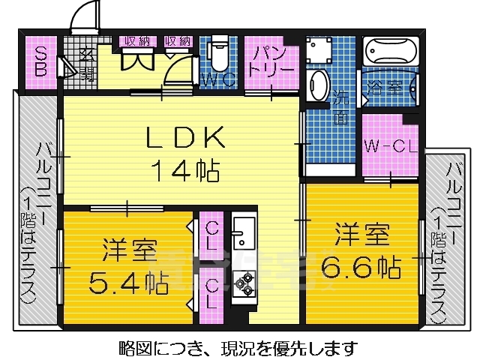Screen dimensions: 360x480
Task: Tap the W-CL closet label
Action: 389,146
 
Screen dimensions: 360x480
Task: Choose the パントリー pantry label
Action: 271,60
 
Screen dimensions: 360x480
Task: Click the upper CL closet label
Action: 211,233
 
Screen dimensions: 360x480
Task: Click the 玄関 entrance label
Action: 85,63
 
